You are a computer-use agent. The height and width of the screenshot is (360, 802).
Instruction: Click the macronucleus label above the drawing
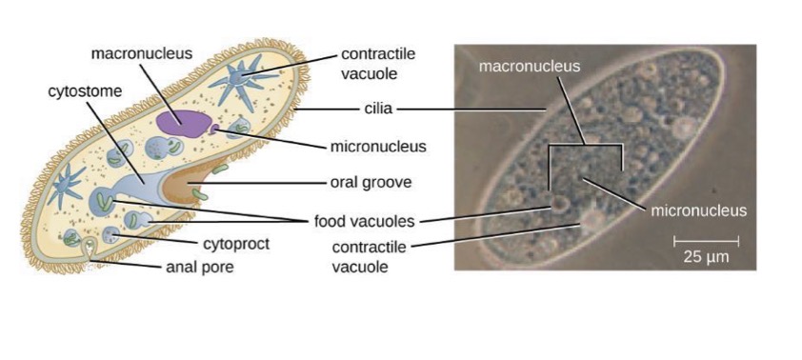click(142, 53)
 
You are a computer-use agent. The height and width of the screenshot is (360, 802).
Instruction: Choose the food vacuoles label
click(364, 222)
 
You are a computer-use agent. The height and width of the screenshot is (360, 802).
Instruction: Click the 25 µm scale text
click(706, 255)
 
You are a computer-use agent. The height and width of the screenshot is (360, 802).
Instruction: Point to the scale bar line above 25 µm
click(706, 239)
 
